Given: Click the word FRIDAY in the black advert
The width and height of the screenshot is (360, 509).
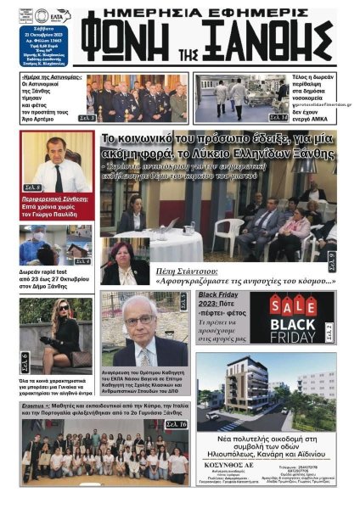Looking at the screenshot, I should (x=304, y=336).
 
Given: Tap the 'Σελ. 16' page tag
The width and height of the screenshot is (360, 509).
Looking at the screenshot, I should (x=176, y=424).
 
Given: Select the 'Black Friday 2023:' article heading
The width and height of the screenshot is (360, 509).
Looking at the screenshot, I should (x=224, y=299).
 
